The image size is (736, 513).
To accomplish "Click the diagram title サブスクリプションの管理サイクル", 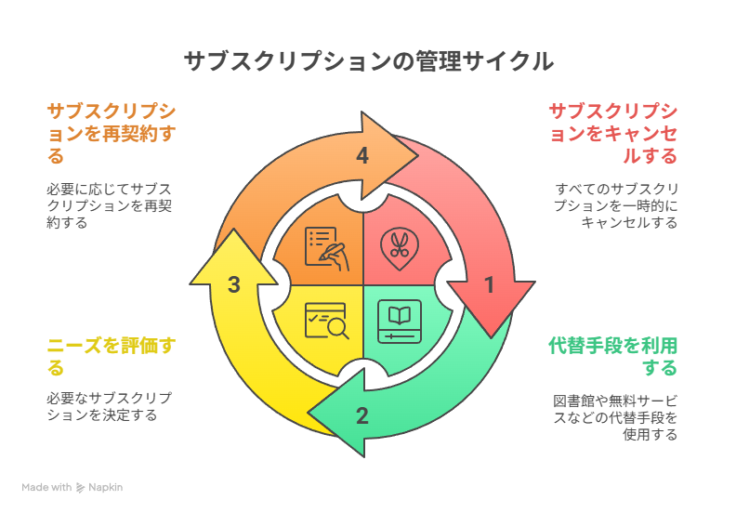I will (x=368, y=61).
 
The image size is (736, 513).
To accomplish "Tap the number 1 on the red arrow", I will (x=490, y=286).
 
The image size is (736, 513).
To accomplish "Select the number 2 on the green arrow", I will (x=362, y=415).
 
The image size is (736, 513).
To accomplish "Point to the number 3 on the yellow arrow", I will (x=235, y=285).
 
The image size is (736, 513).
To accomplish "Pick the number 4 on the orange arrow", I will (x=362, y=156).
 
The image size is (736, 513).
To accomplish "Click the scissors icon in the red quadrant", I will (x=400, y=247).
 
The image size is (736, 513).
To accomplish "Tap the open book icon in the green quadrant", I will (x=400, y=322).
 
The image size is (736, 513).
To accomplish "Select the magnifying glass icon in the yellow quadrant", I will (x=326, y=322).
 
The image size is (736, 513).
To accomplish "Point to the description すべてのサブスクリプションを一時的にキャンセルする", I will (x=615, y=205).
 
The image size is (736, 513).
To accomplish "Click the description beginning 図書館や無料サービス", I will (x=615, y=417).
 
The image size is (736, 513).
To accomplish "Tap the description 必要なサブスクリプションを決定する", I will (x=109, y=406).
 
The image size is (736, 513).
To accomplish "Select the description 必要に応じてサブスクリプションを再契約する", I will (x=109, y=205).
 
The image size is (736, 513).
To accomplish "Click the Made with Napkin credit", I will (x=72, y=487).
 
